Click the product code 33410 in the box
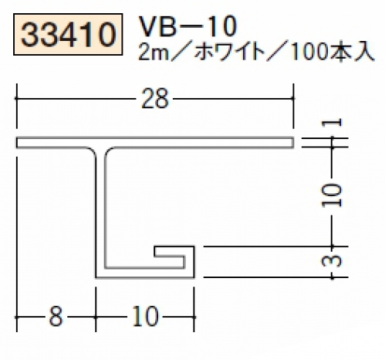click(68, 35)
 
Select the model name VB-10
click(187, 26)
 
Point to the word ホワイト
click(231, 53)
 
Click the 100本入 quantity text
click(332, 53)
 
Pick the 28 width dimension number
click(155, 98)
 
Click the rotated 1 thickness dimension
click(332, 123)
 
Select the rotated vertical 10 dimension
click(332, 195)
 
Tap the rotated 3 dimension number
click(332, 261)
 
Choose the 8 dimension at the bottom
click(56, 317)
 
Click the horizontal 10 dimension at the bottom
click(145, 317)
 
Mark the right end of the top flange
click(293, 143)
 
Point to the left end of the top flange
click(17, 143)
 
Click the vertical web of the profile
click(100, 209)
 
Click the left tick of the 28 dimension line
click(17, 98)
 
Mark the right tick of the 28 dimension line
click(293, 98)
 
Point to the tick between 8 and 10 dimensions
click(96, 318)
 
